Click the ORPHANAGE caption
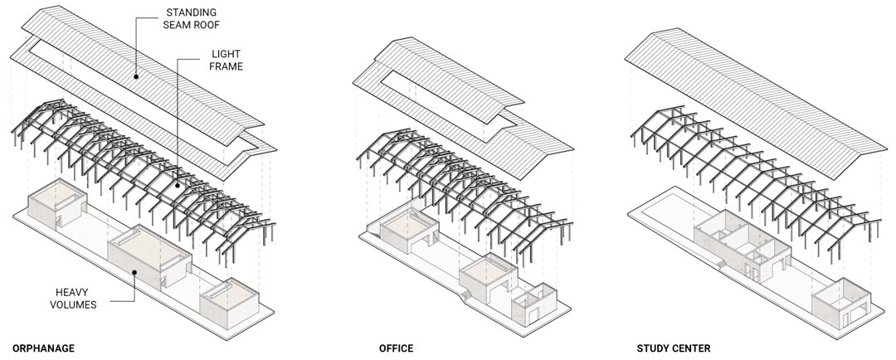43,348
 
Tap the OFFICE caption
396,348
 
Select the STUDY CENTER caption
674,348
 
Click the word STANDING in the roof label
192,12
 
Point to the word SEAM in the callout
178,25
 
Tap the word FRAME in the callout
226,66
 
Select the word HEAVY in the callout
73,292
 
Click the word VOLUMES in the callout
73,304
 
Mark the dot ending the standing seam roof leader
136,76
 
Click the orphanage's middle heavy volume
150,256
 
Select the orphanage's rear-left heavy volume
58,203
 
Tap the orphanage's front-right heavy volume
229,303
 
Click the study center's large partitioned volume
743,243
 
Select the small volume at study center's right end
842,303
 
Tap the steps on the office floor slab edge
465,294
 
